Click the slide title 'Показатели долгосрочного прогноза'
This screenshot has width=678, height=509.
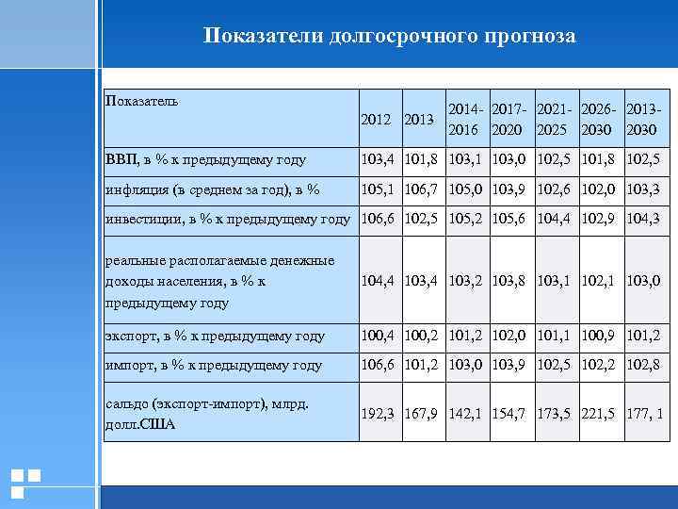point(389,36)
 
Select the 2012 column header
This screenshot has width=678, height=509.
point(377,120)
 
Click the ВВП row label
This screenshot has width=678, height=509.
point(205,159)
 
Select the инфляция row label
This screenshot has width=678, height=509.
point(213,189)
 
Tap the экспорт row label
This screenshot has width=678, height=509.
point(216,335)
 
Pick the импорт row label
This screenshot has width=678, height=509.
point(214,365)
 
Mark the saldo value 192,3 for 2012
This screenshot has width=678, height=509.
point(379,414)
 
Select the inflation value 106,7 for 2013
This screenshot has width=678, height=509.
point(422,189)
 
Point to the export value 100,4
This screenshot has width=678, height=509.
point(379,335)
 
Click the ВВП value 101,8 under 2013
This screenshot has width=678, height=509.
point(422,159)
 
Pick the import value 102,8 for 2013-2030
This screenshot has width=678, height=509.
point(643,365)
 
